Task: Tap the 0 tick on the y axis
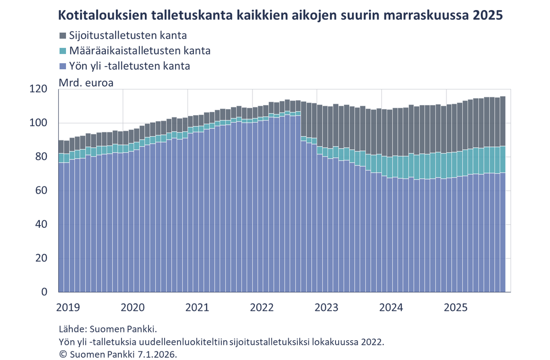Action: (x=45, y=292)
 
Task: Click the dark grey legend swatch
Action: (x=63, y=35)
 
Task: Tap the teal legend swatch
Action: (x=63, y=50)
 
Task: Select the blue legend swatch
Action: (x=63, y=66)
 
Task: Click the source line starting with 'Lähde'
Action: (x=108, y=329)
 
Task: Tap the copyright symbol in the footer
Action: (x=61, y=354)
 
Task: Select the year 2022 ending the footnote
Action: (x=372, y=342)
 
